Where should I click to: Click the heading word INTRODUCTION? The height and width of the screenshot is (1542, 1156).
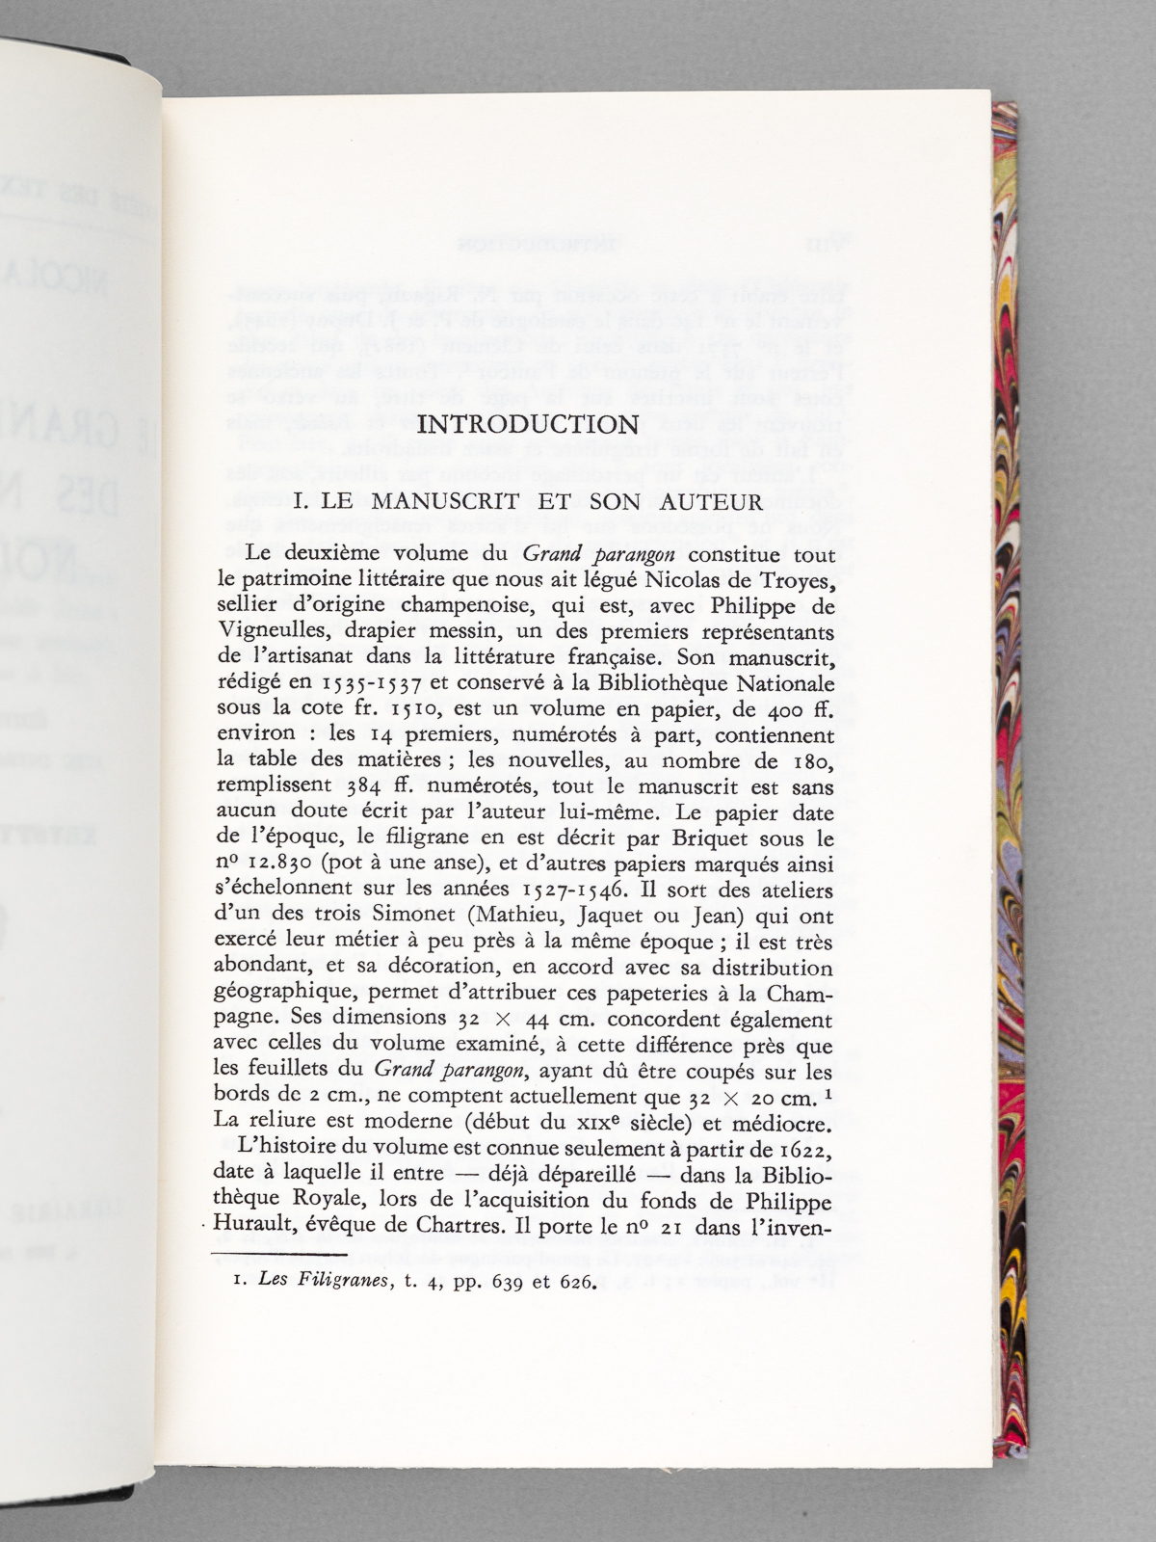point(530,425)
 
